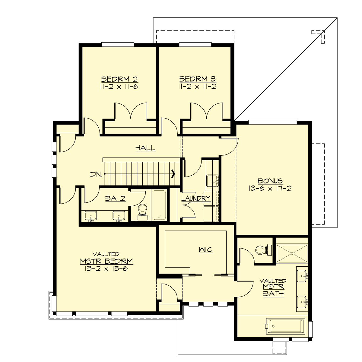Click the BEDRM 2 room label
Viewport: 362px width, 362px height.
pos(119,79)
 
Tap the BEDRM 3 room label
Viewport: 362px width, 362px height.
pos(198,79)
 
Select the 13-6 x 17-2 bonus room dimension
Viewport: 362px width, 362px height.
pos(270,189)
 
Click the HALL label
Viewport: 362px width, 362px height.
pos(145,148)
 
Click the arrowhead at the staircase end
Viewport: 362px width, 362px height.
pos(173,174)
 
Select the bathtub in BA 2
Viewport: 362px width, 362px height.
pos(159,205)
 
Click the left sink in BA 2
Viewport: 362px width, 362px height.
pos(91,216)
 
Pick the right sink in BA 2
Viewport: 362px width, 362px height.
pos(119,216)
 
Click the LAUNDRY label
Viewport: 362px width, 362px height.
pos(196,198)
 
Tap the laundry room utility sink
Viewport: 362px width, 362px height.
pos(213,181)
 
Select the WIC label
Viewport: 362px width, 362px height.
pos(206,250)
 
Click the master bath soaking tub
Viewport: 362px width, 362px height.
pos(285,326)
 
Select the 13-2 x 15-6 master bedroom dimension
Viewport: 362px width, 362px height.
pos(106,268)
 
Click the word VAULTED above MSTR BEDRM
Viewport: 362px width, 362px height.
pos(106,254)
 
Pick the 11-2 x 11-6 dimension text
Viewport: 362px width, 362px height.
pos(119,87)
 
